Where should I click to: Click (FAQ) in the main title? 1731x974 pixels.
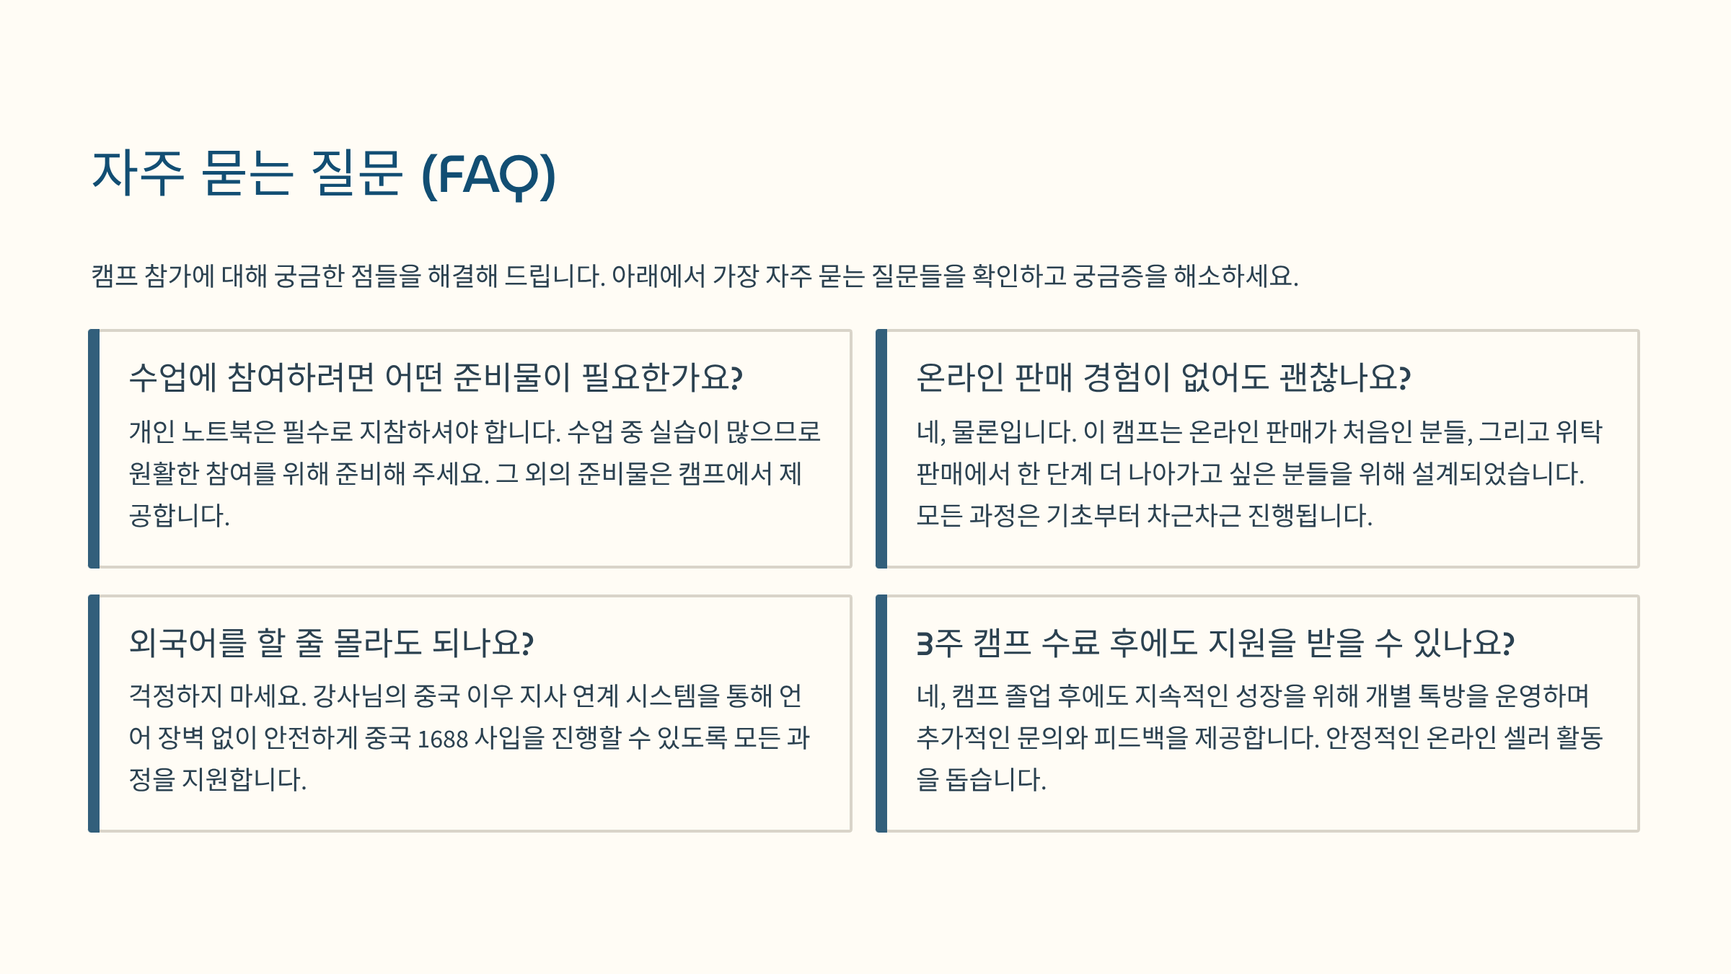tap(488, 175)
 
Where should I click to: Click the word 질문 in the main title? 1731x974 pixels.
tap(356, 173)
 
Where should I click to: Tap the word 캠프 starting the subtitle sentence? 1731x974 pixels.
tap(114, 276)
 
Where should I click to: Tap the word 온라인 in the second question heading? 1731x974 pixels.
tap(960, 377)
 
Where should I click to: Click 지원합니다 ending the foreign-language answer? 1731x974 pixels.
tap(245, 779)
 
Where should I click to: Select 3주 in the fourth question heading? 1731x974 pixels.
tap(940, 642)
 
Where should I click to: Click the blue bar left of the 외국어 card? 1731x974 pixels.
tap(94, 714)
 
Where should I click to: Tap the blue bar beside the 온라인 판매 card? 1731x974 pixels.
tap(881, 449)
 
